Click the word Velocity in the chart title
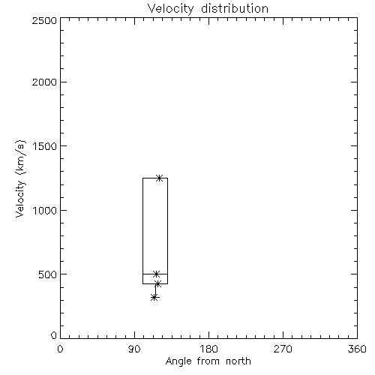point(171,9)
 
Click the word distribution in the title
point(235,8)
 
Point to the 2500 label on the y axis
point(44,20)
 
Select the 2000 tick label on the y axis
point(44,82)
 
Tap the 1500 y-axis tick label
point(45,146)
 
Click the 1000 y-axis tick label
point(45,211)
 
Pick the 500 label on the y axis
point(48,274)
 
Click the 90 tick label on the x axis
point(134,349)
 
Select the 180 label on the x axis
point(208,349)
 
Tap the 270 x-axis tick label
point(283,349)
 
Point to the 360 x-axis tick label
point(357,349)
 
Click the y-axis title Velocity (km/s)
point(20,178)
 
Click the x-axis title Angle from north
point(208,361)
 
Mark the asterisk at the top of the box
point(159,178)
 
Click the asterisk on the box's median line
point(156,274)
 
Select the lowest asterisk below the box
point(154,298)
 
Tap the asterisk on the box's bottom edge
point(157,283)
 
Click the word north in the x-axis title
point(238,361)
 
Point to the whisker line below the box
point(155,290)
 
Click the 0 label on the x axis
point(60,349)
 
